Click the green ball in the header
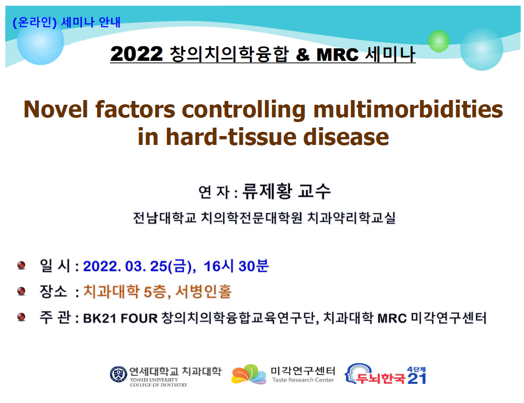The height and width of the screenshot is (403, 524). tap(439, 41)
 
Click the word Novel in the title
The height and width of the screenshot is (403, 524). tap(56, 109)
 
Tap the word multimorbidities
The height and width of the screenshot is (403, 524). tap(408, 109)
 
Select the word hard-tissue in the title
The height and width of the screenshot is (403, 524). tap(231, 137)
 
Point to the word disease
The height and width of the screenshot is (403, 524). tap(346, 137)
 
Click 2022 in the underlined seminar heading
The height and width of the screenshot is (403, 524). tap(136, 54)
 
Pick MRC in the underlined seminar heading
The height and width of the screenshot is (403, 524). tap(338, 55)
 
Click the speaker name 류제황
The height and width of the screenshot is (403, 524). tap(267, 191)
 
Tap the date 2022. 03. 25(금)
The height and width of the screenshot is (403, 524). tap(139, 266)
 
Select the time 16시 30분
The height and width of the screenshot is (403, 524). tap(236, 266)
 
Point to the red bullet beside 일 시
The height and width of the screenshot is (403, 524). tap(21, 266)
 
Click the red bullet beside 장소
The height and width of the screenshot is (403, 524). tap(21, 291)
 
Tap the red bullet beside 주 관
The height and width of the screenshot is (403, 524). tap(21, 317)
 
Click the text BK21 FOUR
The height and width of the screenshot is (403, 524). tap(120, 318)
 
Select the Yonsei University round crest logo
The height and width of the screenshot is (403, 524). tap(119, 374)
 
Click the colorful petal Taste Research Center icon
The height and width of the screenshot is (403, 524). tap(248, 374)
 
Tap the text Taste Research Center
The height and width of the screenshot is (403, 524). tap(303, 380)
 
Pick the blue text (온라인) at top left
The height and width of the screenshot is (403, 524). tap(35, 22)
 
